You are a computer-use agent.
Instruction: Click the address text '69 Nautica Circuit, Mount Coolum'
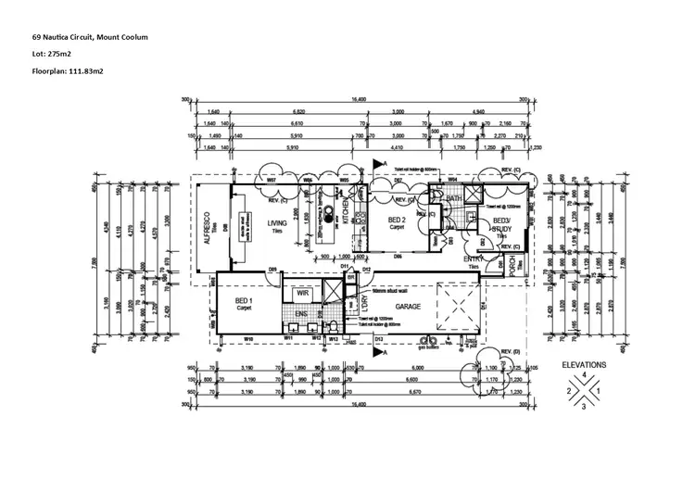pyautogui.click(x=90, y=37)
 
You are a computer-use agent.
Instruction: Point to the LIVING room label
pyautogui.click(x=276, y=222)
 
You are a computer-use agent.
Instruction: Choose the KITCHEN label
pyautogui.click(x=347, y=212)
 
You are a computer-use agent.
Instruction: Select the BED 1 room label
pyautogui.click(x=244, y=302)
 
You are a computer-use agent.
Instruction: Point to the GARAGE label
pyautogui.click(x=409, y=305)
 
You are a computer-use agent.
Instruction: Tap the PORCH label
pyautogui.click(x=512, y=264)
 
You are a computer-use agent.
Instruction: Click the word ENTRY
pyautogui.click(x=474, y=258)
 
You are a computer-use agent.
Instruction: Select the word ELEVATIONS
pyautogui.click(x=583, y=365)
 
